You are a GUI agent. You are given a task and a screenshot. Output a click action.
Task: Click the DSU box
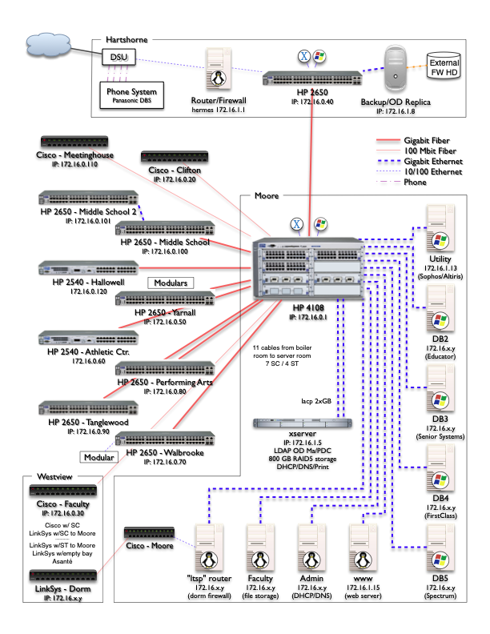coord(119,57)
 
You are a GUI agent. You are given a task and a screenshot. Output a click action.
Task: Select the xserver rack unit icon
coord(299,425)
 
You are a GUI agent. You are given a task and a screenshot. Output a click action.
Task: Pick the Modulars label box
coord(171,283)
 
